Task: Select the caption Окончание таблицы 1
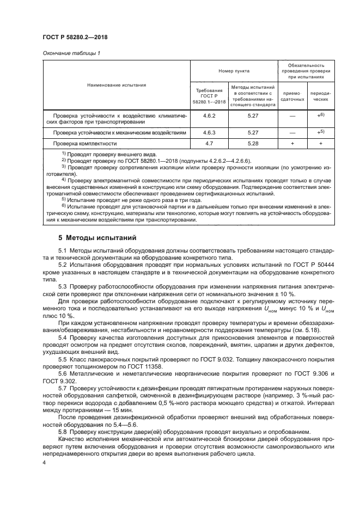click(x=71, y=53)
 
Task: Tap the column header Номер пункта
click(x=234, y=71)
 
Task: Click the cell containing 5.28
click(x=252, y=143)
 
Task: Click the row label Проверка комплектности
click(x=85, y=144)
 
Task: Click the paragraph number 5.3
click(x=63, y=286)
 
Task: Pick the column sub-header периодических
click(x=320, y=96)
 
